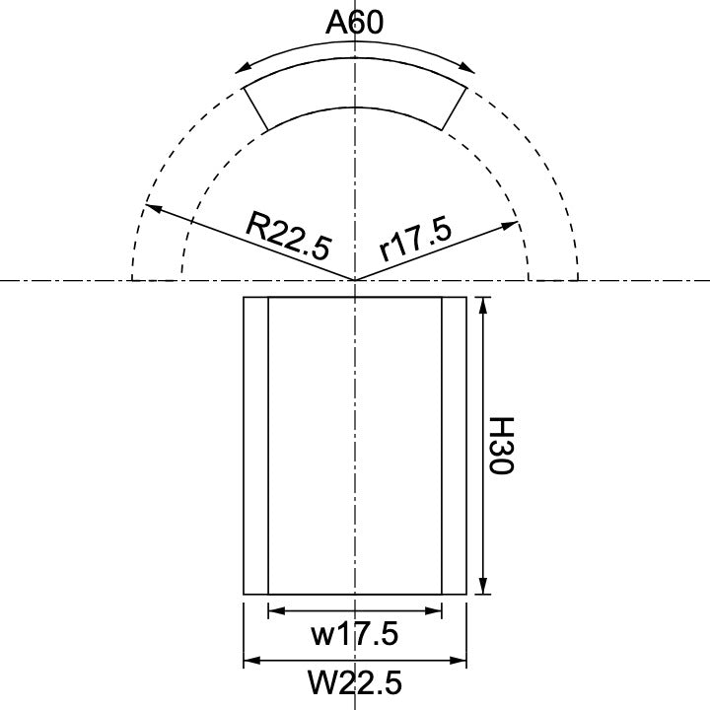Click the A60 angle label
[x=354, y=23]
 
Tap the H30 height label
[x=503, y=446]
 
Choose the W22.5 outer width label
[x=354, y=681]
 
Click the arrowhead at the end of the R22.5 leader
[x=150, y=207]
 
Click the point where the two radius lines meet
[x=355, y=281]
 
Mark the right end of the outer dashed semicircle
[x=577, y=279]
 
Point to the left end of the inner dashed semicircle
[x=181, y=279]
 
